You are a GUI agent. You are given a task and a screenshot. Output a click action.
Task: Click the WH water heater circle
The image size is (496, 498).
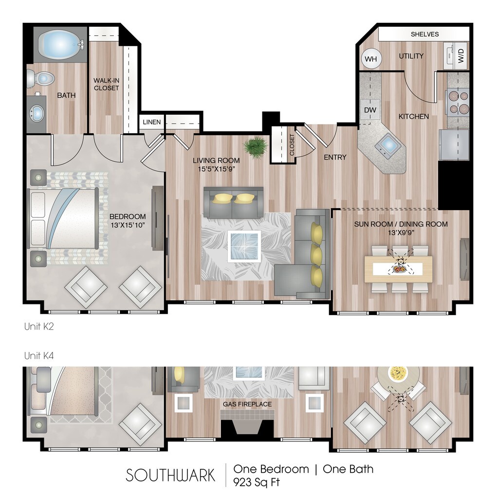[x=371, y=59]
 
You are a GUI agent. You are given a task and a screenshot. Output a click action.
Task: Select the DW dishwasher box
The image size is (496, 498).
[x=370, y=110]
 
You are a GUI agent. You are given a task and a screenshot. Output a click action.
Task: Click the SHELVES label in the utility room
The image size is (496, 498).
[x=424, y=34]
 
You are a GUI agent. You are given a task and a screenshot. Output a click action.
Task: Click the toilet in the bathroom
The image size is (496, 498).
[x=40, y=78]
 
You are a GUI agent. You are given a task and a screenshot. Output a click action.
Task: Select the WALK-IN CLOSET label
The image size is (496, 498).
[x=106, y=85]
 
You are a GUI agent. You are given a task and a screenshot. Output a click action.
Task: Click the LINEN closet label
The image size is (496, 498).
[x=151, y=122]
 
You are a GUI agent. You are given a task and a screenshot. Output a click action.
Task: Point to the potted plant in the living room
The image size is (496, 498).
[x=255, y=145]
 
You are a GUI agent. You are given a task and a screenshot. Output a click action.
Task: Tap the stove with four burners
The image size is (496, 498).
[x=458, y=102]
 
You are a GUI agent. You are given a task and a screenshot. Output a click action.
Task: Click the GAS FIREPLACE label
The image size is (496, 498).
[x=247, y=404]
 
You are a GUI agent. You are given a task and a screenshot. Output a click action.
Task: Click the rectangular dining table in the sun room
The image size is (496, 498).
[x=399, y=268]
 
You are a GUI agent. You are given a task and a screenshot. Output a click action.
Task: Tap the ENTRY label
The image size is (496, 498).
[x=335, y=157]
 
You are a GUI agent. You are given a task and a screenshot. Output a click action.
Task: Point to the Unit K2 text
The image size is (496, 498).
[x=38, y=327]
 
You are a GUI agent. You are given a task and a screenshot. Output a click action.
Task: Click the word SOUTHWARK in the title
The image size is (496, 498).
[x=170, y=475]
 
